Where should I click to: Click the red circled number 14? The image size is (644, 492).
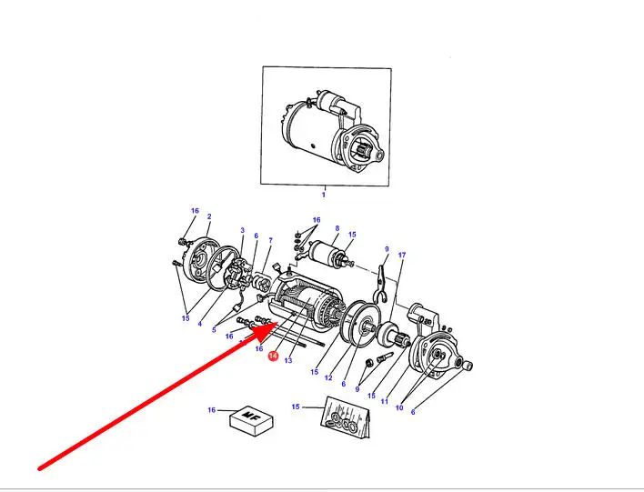pos(273,356)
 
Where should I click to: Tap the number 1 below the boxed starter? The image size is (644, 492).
pos(324,195)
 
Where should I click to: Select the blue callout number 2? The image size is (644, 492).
pos(209,216)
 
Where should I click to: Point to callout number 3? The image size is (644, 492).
pos(242,230)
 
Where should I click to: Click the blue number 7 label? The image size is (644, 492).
pos(270,240)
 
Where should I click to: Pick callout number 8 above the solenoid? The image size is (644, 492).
pos(337,228)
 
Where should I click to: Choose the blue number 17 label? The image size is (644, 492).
pos(402,255)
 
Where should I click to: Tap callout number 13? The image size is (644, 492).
pos(288,360)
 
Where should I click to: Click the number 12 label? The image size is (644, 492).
pos(328,377)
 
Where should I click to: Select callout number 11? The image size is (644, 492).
pos(385,401)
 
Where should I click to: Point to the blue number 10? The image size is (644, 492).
pos(399,407)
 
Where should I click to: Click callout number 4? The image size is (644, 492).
pos(199,324)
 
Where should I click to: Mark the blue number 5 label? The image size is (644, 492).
pos(214,330)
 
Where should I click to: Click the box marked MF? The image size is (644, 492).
pos(251,421)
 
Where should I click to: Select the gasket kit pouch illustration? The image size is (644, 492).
pos(345,417)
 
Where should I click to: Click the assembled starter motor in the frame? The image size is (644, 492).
pos(334,132)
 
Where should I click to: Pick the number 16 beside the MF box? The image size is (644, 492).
pos(212,410)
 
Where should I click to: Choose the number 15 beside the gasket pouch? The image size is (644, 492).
pos(296,407)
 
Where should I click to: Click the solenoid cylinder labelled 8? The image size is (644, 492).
pos(327,251)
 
